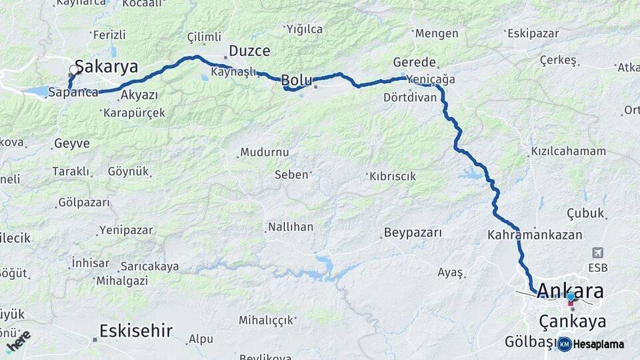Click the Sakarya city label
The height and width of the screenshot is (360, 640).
pos(106,67)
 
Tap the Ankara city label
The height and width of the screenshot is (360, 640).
pos(570,291)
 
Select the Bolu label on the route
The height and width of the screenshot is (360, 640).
pos(296,80)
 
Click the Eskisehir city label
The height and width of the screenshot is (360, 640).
pos(136,331)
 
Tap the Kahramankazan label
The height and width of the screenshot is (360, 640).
pos(535,235)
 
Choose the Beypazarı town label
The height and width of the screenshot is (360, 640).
pos(413,233)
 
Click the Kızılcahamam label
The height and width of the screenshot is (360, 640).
pos(569,151)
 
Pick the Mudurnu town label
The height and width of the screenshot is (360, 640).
pos(267,153)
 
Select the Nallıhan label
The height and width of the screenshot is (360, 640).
pos(291,227)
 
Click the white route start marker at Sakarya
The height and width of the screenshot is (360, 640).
pos(74,69)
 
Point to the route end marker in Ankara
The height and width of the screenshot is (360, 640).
pos(571,297)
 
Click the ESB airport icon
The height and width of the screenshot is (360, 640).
pos(598,253)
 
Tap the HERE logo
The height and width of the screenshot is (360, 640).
pos(18,341)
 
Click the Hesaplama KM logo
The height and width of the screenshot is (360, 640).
pos(591,344)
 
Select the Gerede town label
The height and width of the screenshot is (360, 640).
pos(414,62)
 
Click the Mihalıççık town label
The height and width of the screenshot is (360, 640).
pos(267,320)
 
